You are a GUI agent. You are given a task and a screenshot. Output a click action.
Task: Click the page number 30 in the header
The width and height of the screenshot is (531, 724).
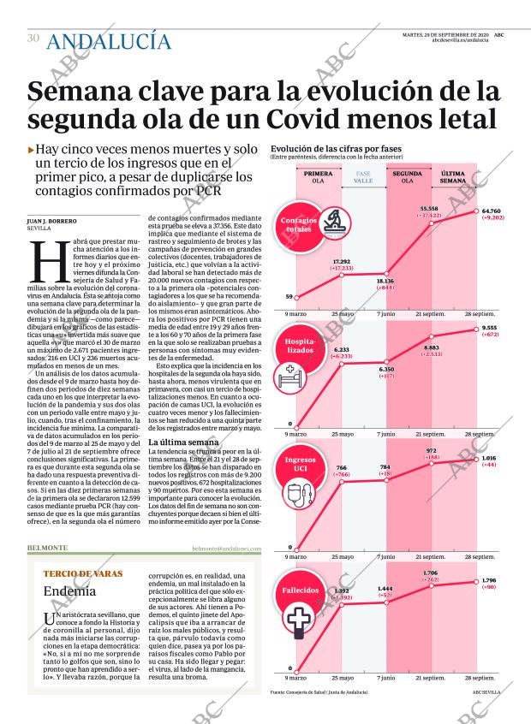(x=33, y=38)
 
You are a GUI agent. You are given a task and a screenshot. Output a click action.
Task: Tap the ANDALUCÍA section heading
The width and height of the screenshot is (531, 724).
(x=109, y=41)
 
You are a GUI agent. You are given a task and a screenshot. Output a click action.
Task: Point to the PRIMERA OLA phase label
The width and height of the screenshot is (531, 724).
(x=318, y=177)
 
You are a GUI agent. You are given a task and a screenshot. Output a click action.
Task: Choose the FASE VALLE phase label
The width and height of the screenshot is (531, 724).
(x=363, y=177)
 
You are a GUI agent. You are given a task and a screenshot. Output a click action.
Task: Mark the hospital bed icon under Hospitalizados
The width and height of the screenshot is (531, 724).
(x=292, y=373)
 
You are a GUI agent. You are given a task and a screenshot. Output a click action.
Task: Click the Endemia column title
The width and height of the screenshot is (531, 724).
(x=69, y=590)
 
